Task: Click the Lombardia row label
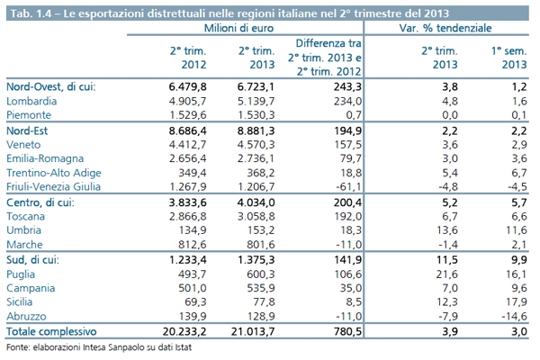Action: click(x=31, y=101)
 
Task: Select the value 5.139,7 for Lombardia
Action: click(x=256, y=101)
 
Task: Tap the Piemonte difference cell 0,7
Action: click(x=354, y=114)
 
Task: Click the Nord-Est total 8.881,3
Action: click(x=256, y=130)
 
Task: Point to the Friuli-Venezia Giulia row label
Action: click(x=53, y=186)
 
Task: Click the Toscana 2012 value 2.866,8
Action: click(x=188, y=216)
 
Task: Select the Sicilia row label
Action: click(x=19, y=301)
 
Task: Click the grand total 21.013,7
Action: click(x=253, y=331)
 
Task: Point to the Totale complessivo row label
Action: click(x=51, y=331)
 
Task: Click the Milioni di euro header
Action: click(x=238, y=28)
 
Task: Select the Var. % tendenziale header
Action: click(x=445, y=28)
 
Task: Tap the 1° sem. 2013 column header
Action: click(x=509, y=58)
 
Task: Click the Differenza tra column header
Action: click(x=328, y=43)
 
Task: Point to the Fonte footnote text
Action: click(x=99, y=346)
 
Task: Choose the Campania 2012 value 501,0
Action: click(x=193, y=288)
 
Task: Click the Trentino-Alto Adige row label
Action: click(x=54, y=173)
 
